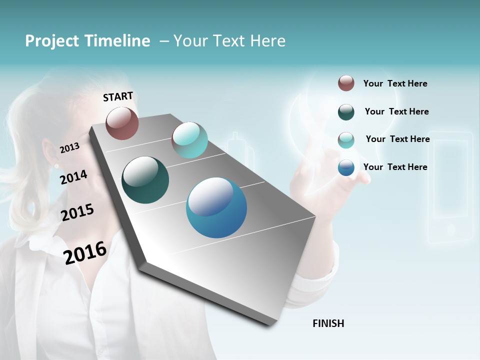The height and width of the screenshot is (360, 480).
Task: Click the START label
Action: [x=118, y=96]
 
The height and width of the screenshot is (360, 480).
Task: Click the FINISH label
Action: [x=328, y=323]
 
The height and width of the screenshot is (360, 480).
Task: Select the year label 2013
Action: [x=69, y=147]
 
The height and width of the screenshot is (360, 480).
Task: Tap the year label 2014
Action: [x=73, y=177]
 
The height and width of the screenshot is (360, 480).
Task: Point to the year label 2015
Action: [x=77, y=212]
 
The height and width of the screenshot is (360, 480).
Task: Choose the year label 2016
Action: [x=85, y=252]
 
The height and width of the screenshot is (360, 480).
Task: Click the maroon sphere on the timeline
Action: [x=122, y=123]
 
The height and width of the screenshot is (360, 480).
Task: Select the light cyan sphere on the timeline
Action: [x=189, y=140]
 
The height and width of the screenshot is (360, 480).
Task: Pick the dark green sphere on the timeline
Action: [x=145, y=180]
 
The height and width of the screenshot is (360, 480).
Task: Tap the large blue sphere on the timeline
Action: [x=216, y=207]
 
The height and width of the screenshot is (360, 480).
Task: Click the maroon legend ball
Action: [x=346, y=83]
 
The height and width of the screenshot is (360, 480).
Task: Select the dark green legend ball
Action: [x=346, y=112]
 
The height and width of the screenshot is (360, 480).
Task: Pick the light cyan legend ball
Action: [x=346, y=140]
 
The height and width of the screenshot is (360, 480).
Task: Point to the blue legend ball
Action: [x=346, y=167]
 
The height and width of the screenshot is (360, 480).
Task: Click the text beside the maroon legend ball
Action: [x=395, y=84]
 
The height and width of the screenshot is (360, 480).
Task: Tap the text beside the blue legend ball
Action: [x=395, y=167]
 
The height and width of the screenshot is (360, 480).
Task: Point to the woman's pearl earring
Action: [x=56, y=165]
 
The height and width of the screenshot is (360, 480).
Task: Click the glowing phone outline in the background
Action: [x=450, y=187]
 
